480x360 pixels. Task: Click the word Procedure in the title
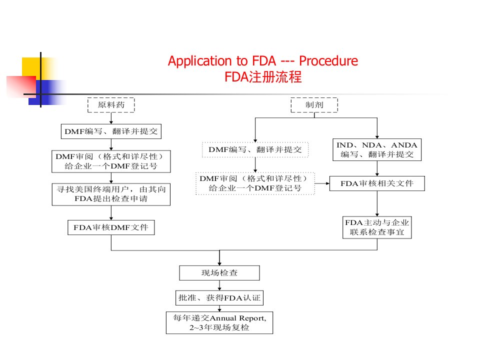[328, 61]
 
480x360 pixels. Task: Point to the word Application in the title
[200, 61]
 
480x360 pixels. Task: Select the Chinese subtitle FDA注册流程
[263, 77]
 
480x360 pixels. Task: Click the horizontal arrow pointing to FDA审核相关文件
[322, 183]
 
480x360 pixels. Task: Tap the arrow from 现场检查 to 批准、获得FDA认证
[219, 285]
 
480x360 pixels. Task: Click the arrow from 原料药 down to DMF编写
[111, 118]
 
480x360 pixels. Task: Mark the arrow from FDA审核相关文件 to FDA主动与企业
[377, 203]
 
